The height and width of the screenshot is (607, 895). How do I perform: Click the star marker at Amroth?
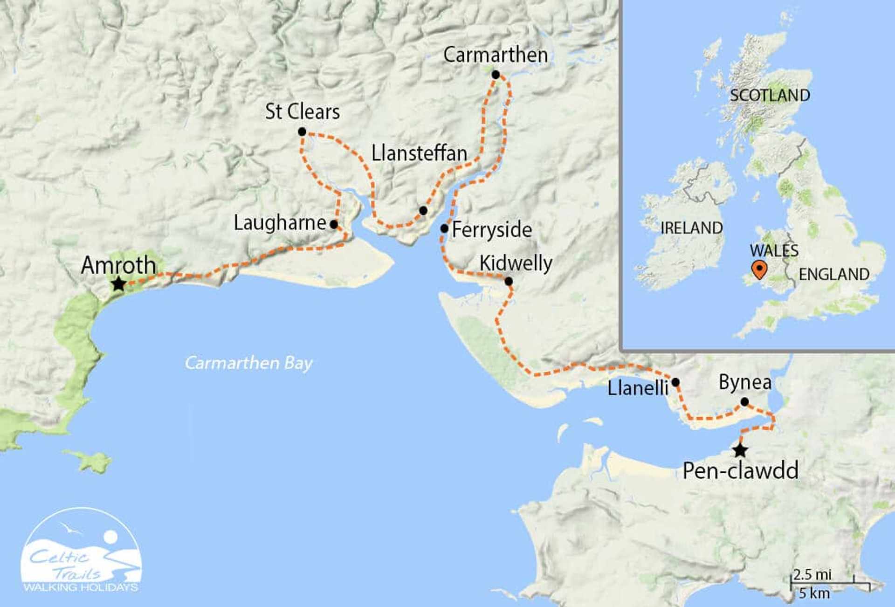119,283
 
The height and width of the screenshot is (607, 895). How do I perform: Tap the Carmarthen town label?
496,55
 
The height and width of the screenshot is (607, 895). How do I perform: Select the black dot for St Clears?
302,132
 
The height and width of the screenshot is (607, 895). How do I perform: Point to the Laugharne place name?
280,223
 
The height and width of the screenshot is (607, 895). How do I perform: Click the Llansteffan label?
419,153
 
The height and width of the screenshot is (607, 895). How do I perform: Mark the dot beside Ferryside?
444,228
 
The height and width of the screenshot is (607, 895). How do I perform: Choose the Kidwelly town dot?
509,281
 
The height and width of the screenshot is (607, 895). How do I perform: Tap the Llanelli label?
638,388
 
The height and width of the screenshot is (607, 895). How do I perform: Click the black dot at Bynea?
744,402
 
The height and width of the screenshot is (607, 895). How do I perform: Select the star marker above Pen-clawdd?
740,451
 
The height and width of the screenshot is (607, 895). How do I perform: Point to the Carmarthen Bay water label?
248,363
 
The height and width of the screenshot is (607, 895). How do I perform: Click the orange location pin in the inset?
759,269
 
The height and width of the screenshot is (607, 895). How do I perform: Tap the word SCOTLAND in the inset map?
770,96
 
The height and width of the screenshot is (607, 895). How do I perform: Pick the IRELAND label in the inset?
691,228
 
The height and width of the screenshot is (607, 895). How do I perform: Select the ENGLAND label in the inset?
834,274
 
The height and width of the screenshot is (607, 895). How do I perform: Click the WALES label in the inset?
774,251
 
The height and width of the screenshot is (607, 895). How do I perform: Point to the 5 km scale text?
814,593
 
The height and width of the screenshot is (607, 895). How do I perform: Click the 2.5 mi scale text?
812,574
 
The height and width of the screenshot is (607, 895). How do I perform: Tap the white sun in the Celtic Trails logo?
110,537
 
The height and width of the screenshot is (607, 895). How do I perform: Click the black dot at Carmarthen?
496,75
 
